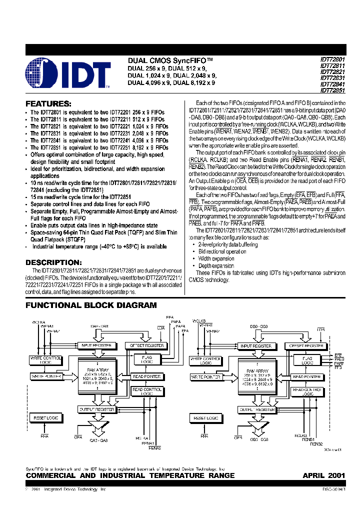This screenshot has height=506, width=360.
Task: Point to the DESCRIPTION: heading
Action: click(53, 262)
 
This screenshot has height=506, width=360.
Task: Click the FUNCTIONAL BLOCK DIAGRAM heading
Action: click(91, 305)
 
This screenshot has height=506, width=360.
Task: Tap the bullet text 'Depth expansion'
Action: click(216, 266)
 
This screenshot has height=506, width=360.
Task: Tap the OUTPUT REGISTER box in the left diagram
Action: click(97, 409)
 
